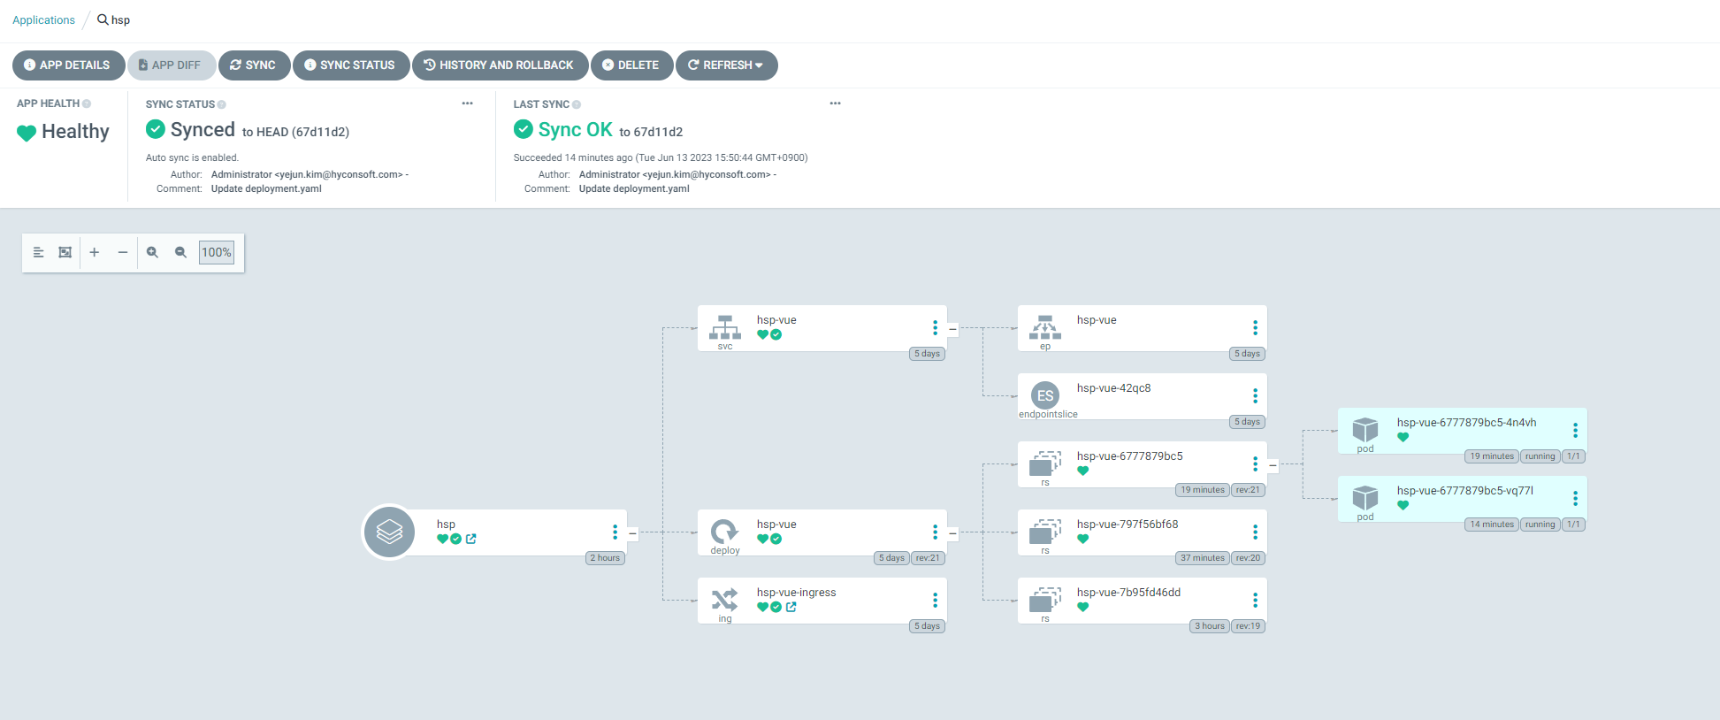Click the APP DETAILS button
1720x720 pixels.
[x=68, y=65]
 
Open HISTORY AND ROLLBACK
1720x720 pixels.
[x=500, y=65]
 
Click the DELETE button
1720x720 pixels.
[x=631, y=65]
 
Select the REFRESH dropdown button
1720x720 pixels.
[x=726, y=65]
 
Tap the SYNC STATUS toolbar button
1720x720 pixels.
[x=350, y=65]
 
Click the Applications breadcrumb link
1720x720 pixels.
[x=43, y=20]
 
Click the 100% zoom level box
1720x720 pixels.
[x=216, y=252]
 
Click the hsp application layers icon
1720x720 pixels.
[x=389, y=532]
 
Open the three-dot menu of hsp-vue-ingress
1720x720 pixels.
[x=935, y=601]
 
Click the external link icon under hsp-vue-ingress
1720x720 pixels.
[x=791, y=607]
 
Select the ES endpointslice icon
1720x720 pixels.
[x=1045, y=395]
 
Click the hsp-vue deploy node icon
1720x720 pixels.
[x=724, y=532]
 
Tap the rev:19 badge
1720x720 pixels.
[x=1248, y=626]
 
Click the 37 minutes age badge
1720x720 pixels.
[x=1203, y=558]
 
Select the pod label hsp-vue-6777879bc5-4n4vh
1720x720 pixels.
[x=1466, y=423]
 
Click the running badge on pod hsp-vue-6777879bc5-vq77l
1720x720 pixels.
[x=1540, y=525]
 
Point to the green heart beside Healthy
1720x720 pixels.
[x=27, y=133]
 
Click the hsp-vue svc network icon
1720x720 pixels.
[x=725, y=327]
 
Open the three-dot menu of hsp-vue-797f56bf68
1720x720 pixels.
[x=1255, y=532]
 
